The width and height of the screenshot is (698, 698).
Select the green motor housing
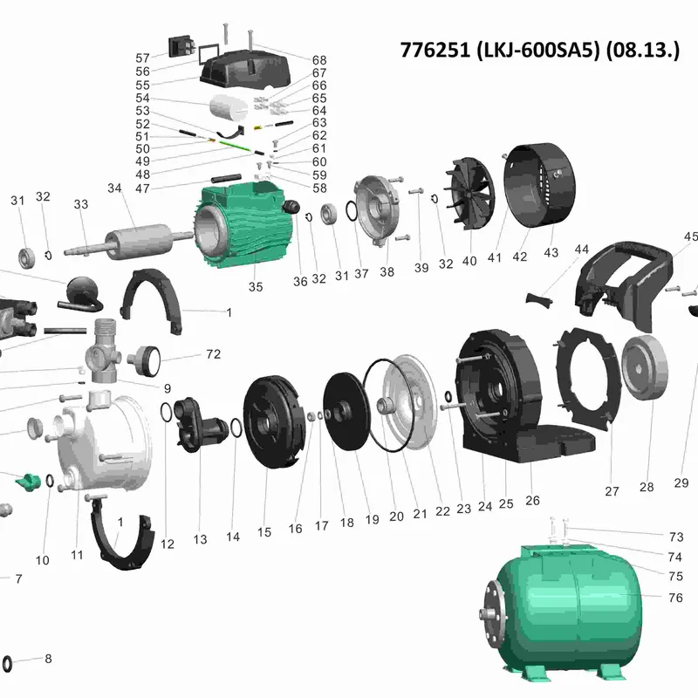245,225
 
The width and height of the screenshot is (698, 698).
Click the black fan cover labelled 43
539,185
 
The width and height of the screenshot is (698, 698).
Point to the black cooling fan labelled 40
471,194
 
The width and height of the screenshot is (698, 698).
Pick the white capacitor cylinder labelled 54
229,107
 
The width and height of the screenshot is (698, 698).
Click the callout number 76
675,598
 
